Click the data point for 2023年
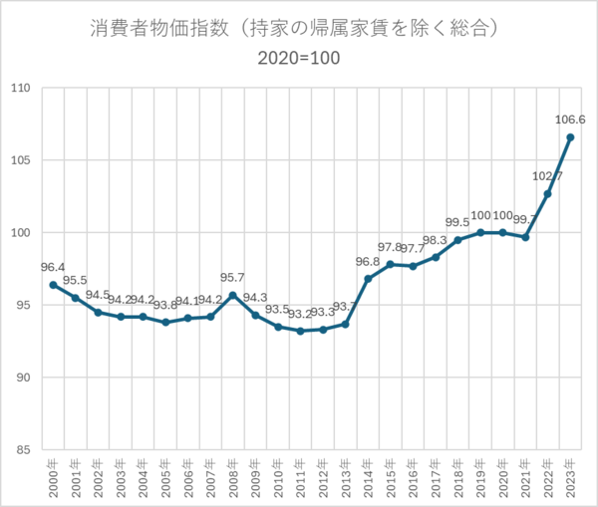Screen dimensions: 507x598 (x=570, y=137)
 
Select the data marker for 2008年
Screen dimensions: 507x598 (x=232, y=295)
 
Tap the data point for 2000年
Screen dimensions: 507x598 (x=53, y=285)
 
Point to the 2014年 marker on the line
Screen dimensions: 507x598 (x=368, y=279)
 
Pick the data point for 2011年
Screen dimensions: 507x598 (x=300, y=331)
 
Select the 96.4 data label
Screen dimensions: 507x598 (x=53, y=268)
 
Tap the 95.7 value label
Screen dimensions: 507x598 (x=233, y=278)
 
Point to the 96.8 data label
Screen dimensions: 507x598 (x=367, y=262)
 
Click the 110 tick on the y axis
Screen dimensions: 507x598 (x=20, y=89)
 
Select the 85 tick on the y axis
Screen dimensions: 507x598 (x=23, y=450)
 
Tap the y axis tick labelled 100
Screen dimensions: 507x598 (x=20, y=233)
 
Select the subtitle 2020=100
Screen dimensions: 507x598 (x=299, y=58)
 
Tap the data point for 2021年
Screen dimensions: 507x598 (x=525, y=237)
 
